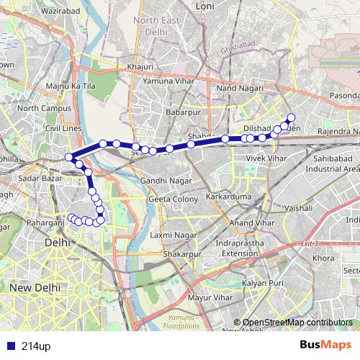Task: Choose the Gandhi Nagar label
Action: coord(163,179)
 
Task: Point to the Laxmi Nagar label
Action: coord(173,235)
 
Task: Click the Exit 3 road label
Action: coord(308,243)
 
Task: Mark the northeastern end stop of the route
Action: coord(291,117)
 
